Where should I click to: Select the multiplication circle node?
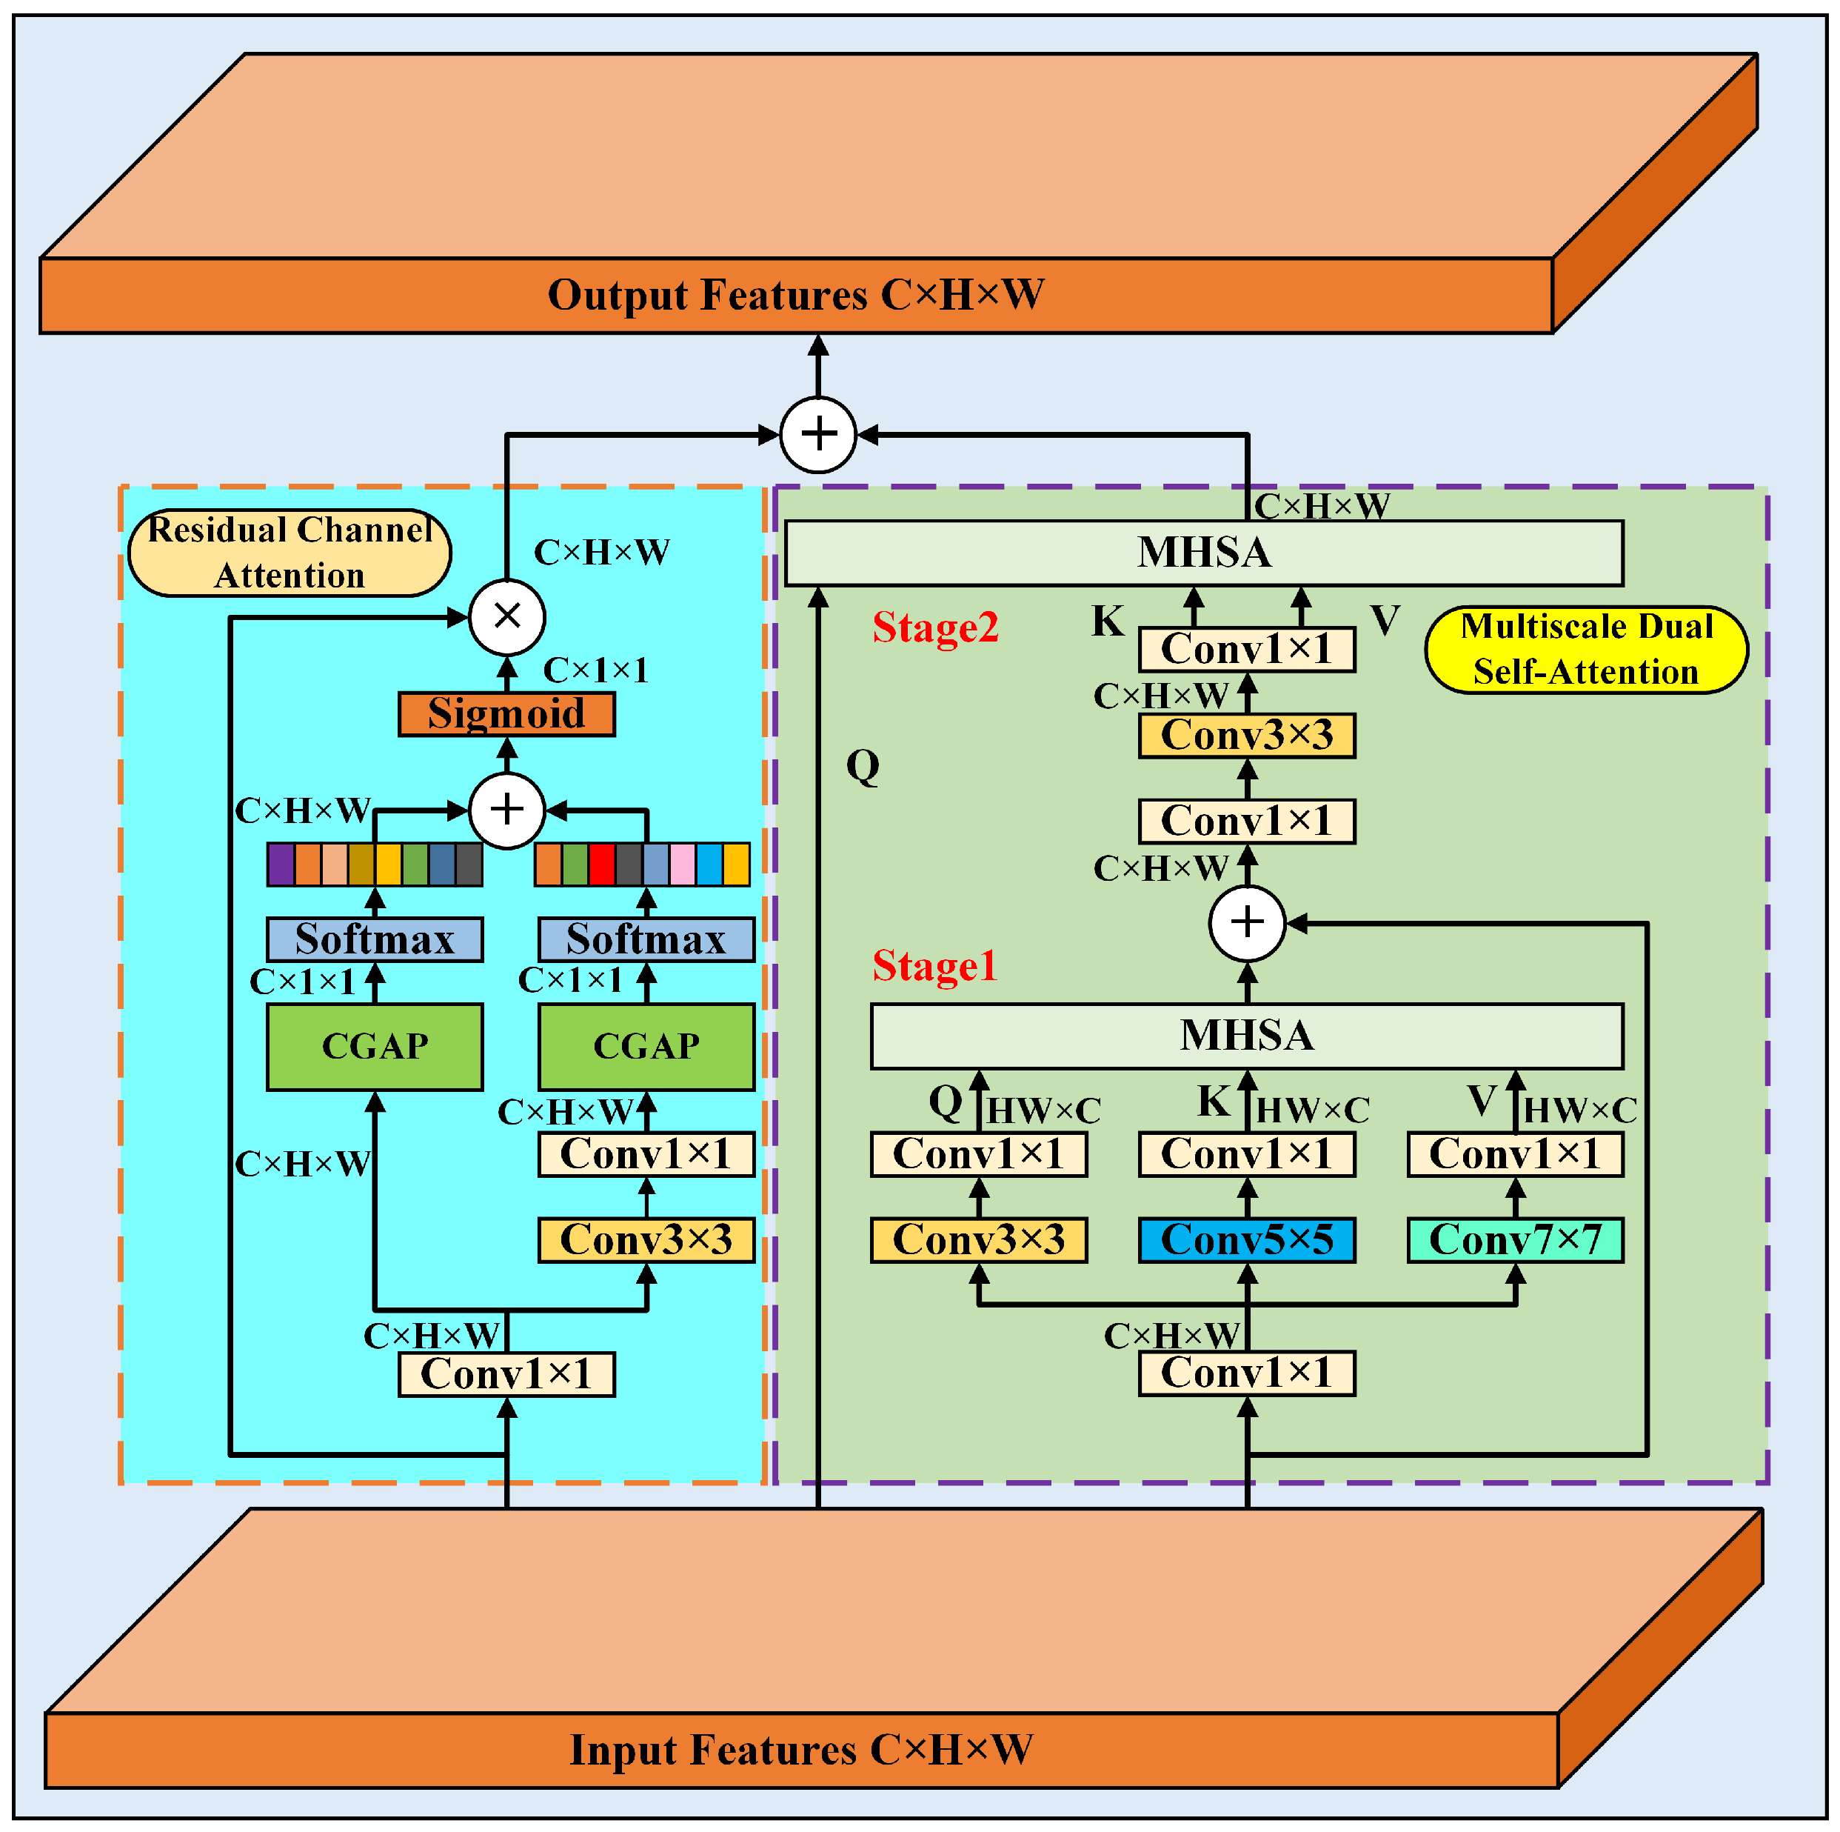pos(506,616)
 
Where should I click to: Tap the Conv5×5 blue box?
pos(1247,1240)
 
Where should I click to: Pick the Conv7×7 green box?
pos(1515,1240)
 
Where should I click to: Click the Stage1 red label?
pos(934,966)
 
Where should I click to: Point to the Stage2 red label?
pos(935,627)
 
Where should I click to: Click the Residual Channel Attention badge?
pos(290,553)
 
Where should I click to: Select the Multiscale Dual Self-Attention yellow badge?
pos(1586,650)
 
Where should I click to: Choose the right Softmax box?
pos(646,939)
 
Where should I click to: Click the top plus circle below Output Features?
pos(818,434)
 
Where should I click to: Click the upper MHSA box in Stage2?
pos(1204,553)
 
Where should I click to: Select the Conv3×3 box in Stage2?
pos(1247,736)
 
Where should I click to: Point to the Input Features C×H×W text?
pos(801,1750)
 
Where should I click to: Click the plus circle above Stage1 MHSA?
pos(1247,922)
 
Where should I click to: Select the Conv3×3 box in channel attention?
pos(646,1240)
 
